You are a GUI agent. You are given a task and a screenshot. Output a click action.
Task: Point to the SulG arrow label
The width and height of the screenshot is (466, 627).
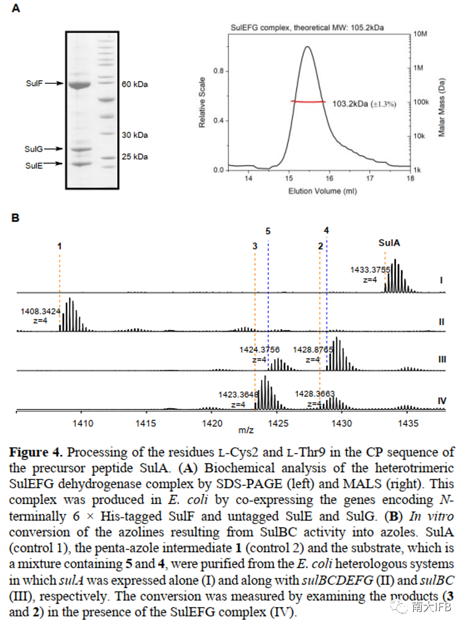[x=33, y=149]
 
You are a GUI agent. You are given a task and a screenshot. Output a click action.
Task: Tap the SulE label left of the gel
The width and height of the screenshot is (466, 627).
[x=33, y=165]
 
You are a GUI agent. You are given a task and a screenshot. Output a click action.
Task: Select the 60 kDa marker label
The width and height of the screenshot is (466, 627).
[x=135, y=84]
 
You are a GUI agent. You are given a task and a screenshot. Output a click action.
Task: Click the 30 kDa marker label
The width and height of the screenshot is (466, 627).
[x=135, y=135]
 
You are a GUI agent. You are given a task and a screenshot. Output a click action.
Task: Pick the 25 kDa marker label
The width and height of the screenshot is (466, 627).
[x=135, y=156]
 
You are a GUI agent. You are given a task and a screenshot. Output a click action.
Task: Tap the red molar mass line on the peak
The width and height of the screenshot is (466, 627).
[x=309, y=101]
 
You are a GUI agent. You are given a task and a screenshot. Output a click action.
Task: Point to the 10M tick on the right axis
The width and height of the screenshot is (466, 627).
[x=421, y=35]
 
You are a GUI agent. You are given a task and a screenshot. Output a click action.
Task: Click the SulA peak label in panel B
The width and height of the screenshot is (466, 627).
[x=390, y=243]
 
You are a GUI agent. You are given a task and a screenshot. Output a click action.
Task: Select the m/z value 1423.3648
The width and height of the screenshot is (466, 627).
[x=237, y=395]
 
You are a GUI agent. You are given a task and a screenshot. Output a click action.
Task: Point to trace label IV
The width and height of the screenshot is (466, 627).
[x=442, y=401]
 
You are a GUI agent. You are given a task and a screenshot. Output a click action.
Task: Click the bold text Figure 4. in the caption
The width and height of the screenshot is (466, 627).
[x=35, y=453]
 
